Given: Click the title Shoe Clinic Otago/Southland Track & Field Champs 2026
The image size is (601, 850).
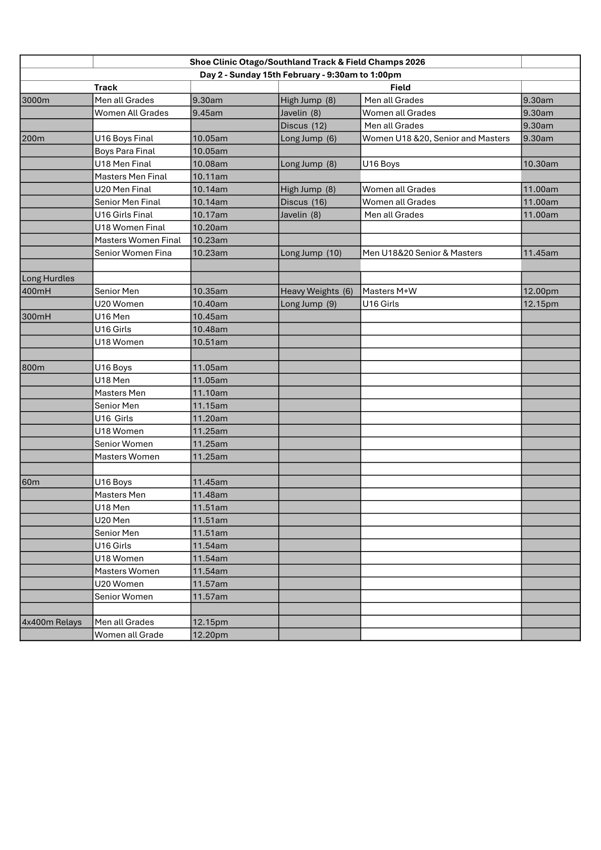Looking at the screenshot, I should pyautogui.click(x=307, y=62).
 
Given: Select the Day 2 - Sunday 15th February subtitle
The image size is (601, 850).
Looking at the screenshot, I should pyautogui.click(x=300, y=75).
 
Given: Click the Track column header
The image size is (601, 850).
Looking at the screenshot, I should pyautogui.click(x=106, y=87).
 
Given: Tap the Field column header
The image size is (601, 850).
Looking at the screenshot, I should pyautogui.click(x=400, y=87).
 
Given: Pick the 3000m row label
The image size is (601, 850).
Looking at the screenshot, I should pyautogui.click(x=36, y=100).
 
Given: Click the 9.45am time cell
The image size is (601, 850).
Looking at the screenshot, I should pyautogui.click(x=208, y=113).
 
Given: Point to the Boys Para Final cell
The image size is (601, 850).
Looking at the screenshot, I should pyautogui.click(x=125, y=151).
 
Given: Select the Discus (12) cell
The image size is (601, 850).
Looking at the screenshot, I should pyautogui.click(x=304, y=126).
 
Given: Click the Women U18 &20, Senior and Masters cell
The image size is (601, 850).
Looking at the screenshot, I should pyautogui.click(x=436, y=138).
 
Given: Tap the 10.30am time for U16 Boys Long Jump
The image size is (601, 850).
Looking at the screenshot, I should pyautogui.click(x=540, y=164).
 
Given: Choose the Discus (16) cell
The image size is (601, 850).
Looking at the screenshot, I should pyautogui.click(x=304, y=202).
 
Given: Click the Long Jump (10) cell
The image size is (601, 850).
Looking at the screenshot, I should pyautogui.click(x=311, y=253).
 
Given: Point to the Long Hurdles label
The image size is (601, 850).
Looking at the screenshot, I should pyautogui.click(x=48, y=278).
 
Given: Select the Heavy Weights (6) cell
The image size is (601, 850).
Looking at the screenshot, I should pyautogui.click(x=317, y=291).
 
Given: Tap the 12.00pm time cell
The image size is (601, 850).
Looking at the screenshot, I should pyautogui.click(x=540, y=291).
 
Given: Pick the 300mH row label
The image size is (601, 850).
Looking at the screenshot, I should pyautogui.click(x=36, y=317).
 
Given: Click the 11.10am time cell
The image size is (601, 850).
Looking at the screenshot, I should pyautogui.click(x=210, y=393).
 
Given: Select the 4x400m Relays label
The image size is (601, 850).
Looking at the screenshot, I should pyautogui.click(x=52, y=622).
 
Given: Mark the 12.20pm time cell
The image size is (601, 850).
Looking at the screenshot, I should pyautogui.click(x=210, y=635).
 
